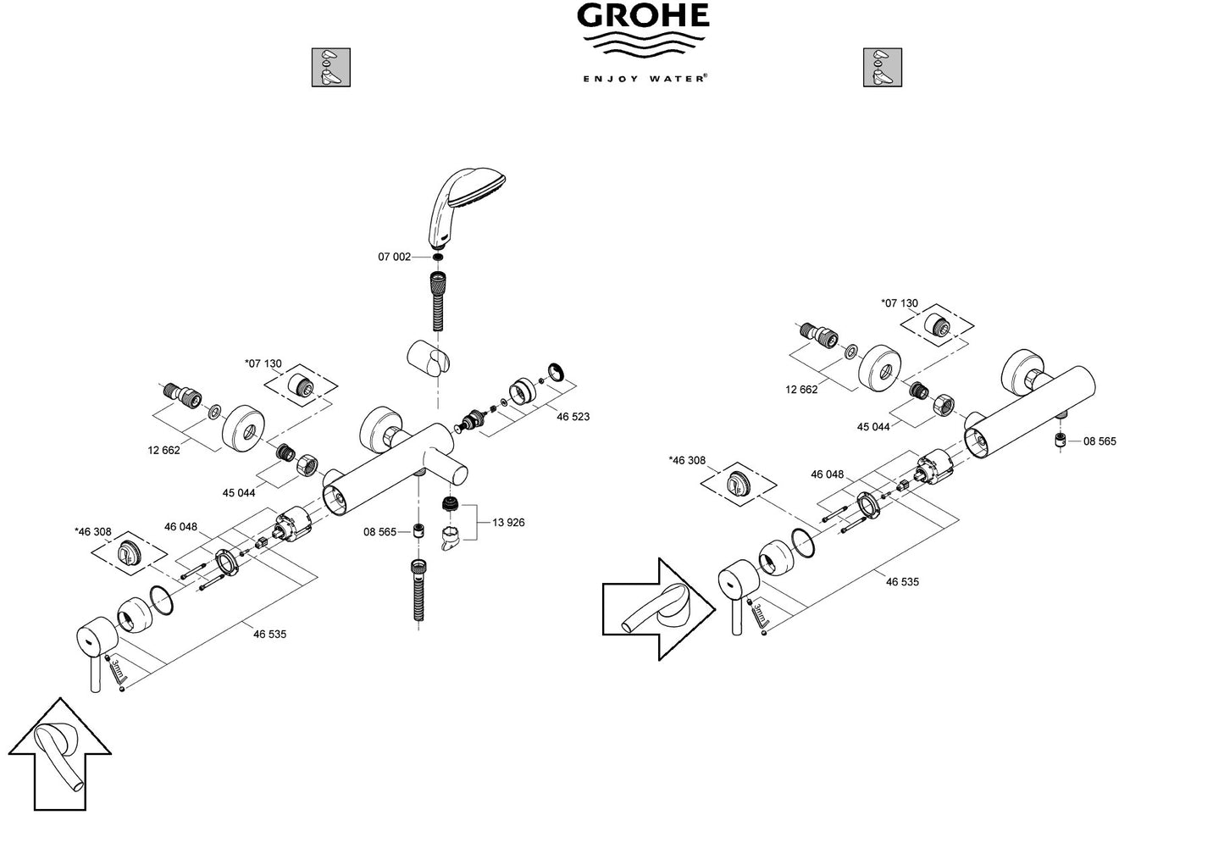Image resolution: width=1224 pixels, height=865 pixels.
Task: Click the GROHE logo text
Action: [x=643, y=17]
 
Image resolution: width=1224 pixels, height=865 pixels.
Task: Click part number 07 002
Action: [x=394, y=257]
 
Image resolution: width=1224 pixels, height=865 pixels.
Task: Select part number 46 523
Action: [x=573, y=417]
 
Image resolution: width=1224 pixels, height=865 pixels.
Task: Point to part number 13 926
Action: [x=508, y=523]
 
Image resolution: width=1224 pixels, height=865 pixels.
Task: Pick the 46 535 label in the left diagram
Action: [x=269, y=634]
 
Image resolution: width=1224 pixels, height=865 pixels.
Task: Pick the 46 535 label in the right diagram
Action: [x=902, y=582]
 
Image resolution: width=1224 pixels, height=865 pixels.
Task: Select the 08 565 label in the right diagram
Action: [x=1099, y=441]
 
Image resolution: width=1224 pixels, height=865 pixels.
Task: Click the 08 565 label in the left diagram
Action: [x=379, y=532]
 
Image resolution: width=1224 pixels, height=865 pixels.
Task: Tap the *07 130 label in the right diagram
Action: [x=899, y=303]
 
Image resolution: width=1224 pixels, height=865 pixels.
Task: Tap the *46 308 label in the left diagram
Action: [x=92, y=532]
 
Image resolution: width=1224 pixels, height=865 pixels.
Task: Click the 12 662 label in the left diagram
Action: [x=163, y=451]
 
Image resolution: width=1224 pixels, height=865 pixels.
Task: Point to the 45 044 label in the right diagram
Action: [x=873, y=427]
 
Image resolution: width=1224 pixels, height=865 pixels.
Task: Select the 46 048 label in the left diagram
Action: [x=180, y=527]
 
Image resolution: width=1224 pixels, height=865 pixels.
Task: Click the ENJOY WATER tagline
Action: [x=644, y=78]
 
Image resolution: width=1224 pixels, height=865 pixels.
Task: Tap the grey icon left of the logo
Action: [x=330, y=68]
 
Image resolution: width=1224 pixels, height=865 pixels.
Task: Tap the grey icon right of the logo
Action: [x=882, y=68]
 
